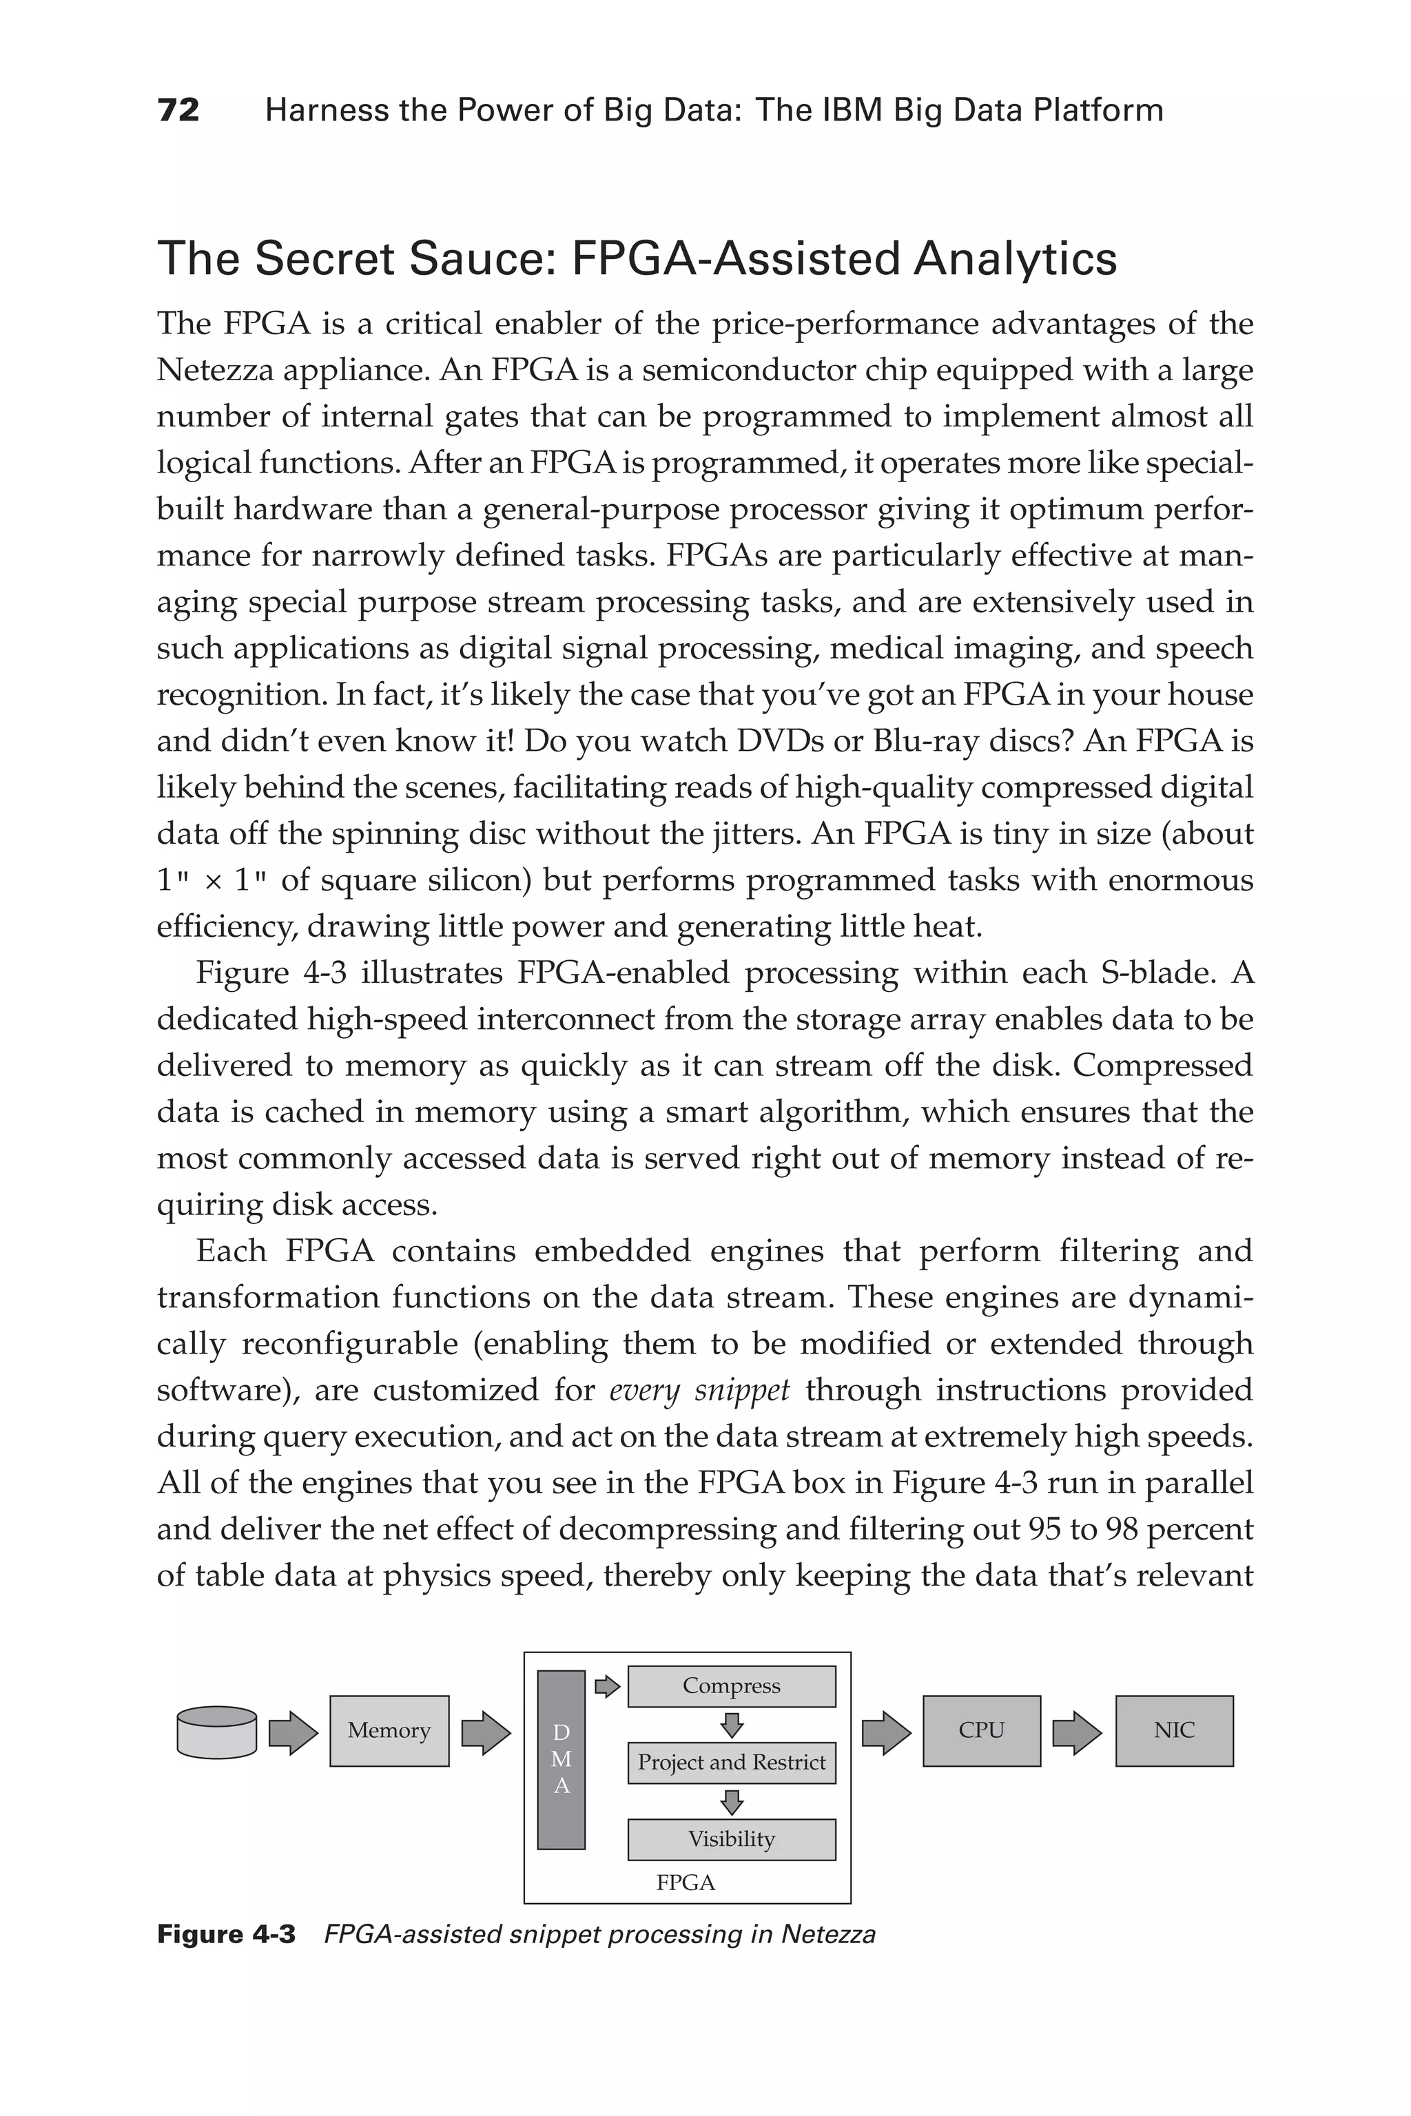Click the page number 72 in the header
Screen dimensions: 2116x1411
[178, 111]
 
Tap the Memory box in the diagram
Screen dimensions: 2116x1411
[389, 1730]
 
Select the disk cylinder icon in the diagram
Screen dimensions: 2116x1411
[217, 1732]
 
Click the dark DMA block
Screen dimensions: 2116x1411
[561, 1759]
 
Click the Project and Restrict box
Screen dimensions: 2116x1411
[731, 1763]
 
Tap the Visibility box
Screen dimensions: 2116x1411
[731, 1839]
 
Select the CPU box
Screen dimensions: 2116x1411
[981, 1730]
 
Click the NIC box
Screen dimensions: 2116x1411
[1173, 1730]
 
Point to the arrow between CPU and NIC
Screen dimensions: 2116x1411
[1077, 1732]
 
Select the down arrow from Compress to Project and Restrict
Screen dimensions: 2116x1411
[732, 1725]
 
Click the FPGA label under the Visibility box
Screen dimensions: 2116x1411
[686, 1883]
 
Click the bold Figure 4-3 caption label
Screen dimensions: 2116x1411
[226, 1934]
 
